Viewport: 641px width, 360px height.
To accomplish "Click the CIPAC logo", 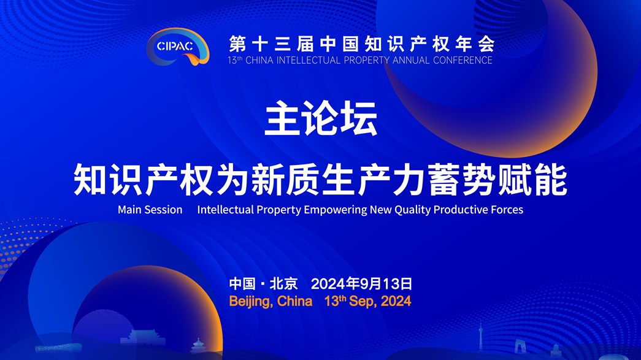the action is [x=178, y=46].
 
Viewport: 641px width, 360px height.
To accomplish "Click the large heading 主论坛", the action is [x=321, y=118].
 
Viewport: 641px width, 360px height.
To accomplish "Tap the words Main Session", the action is [x=150, y=210].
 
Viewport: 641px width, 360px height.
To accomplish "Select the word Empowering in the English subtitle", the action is [x=335, y=210].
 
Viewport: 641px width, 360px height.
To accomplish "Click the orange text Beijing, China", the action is [x=271, y=302].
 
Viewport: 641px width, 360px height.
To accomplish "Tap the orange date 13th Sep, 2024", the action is [x=367, y=301].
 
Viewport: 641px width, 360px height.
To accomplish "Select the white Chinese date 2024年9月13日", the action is [x=361, y=283].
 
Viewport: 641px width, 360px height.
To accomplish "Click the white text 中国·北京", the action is [x=263, y=283].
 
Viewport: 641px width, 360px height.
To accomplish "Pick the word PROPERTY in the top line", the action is [x=367, y=60].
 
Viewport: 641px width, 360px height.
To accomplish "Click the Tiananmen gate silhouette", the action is [x=143, y=339].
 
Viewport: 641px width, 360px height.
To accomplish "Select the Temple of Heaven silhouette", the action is [x=198, y=346].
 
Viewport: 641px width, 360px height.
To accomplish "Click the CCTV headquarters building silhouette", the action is [x=519, y=346].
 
